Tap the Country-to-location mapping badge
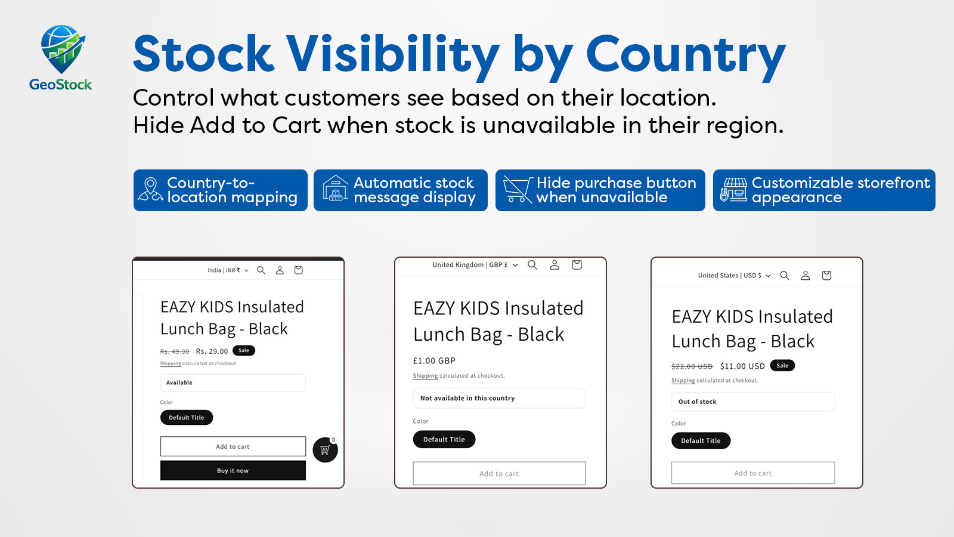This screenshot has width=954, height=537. pos(220,190)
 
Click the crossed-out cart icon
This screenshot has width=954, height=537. pos(518,190)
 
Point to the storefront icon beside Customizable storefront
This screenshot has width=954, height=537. pos(733,190)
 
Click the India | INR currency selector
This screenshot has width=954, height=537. pos(228,270)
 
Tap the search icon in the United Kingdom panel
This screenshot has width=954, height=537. pos(532,265)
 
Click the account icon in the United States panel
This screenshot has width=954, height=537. pos(806,276)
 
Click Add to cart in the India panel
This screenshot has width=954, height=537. pos(233,446)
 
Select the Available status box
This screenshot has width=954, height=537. pos(233,382)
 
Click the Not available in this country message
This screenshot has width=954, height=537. pos(499,398)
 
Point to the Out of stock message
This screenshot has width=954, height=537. pos(753,402)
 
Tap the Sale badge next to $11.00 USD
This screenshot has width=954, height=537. pos(782,366)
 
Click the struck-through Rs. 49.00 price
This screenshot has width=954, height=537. pos(175,351)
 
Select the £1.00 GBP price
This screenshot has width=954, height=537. pos(434,360)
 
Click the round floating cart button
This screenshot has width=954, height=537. pos(325,450)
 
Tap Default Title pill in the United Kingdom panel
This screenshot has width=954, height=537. pos(444,439)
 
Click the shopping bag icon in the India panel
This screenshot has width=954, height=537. pos(299,270)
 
